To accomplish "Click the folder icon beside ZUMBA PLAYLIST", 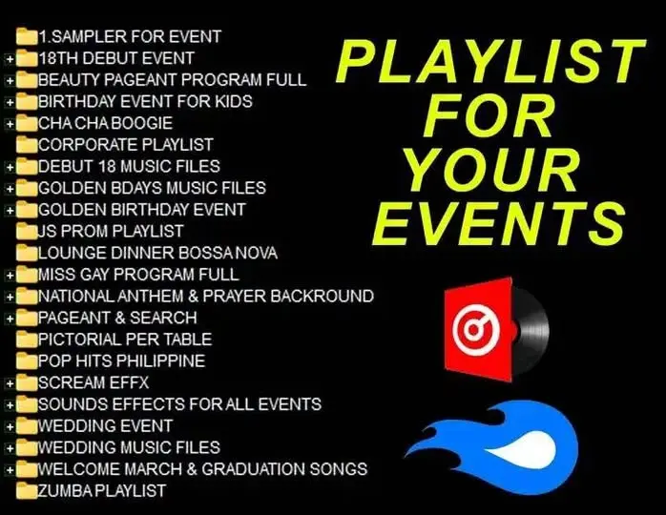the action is tap(27, 491).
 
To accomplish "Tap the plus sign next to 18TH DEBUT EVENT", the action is tap(10, 59).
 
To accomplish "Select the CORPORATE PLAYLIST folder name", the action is tap(126, 145).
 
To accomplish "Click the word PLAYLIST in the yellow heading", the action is tap(491, 61).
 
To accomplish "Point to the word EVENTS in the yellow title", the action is tap(499, 224).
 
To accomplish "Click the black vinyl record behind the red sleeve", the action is tap(531, 330).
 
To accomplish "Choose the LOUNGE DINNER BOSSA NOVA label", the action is tap(157, 253).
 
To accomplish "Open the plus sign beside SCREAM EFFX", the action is tap(10, 383).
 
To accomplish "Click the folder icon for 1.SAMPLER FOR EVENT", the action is tap(27, 36).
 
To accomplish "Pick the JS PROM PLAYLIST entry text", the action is tap(111, 232).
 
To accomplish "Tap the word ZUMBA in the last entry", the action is tap(66, 491).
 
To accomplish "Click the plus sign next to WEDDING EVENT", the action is tap(10, 427).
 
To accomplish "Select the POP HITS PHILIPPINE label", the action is tap(121, 361).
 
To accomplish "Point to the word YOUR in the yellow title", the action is tap(491, 171).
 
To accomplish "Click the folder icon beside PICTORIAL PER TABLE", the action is tap(27, 340).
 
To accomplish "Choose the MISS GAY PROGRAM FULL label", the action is tap(138, 275).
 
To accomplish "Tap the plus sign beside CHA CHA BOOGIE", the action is tap(10, 124).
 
